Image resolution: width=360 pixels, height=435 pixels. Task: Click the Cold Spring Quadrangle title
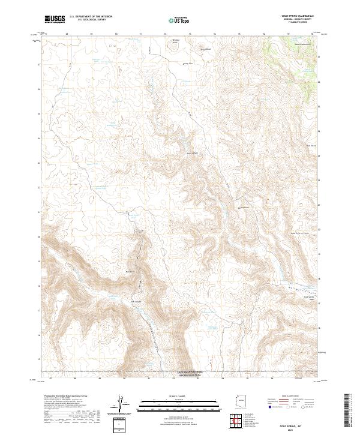pos(298,16)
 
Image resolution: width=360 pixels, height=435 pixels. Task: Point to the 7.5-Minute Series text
pos(298,22)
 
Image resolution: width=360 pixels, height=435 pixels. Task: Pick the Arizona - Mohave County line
pos(298,19)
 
